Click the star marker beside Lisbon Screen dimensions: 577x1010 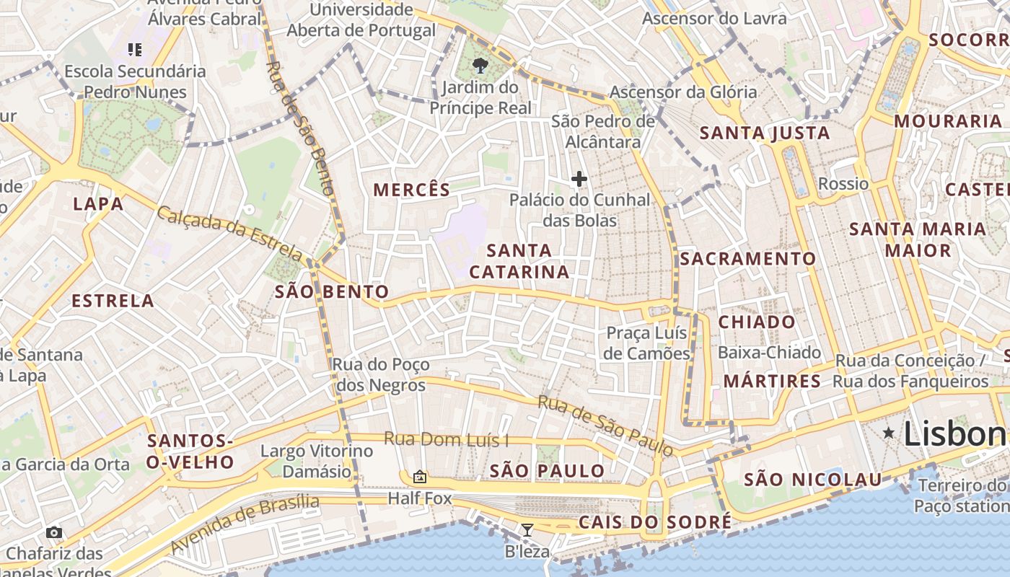pyautogui.click(x=889, y=432)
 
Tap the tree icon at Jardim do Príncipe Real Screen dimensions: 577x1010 pyautogui.click(x=479, y=66)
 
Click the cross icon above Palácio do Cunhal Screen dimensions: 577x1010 pyautogui.click(x=579, y=179)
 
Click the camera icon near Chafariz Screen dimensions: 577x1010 pyautogui.click(x=54, y=533)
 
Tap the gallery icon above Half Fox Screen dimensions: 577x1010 pyautogui.click(x=419, y=477)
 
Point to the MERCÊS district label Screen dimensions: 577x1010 pyautogui.click(x=411, y=190)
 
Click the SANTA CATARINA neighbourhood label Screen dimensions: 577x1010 pyautogui.click(x=519, y=261)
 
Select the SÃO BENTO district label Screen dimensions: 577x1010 pyautogui.click(x=332, y=292)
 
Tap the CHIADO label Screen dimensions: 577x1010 pyautogui.click(x=757, y=322)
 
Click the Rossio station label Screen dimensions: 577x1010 pyautogui.click(x=843, y=184)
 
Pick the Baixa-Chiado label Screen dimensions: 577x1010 pyautogui.click(x=769, y=353)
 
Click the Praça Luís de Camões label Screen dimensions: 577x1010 pyautogui.click(x=647, y=343)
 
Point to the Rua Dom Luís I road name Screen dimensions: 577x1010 pyautogui.click(x=446, y=439)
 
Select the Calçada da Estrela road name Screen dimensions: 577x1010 pyautogui.click(x=229, y=234)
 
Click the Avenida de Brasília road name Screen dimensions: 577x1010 pyautogui.click(x=245, y=523)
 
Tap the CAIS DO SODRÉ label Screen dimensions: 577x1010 pyautogui.click(x=654, y=522)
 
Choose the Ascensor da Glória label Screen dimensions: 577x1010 pyautogui.click(x=682, y=92)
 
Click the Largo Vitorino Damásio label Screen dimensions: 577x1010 pyautogui.click(x=317, y=461)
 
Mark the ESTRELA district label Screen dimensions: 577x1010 pyautogui.click(x=113, y=301)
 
